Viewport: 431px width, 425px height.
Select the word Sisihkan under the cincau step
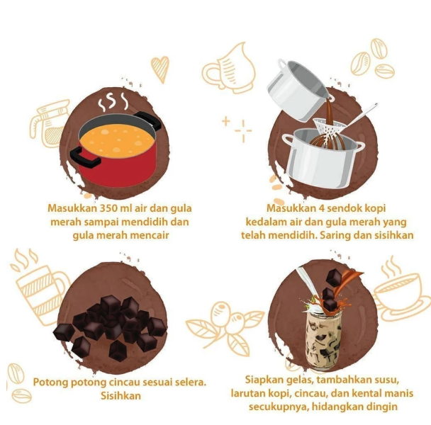point(121,396)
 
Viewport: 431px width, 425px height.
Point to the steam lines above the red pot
point(113,102)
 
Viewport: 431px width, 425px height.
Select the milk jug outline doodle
point(229,69)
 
